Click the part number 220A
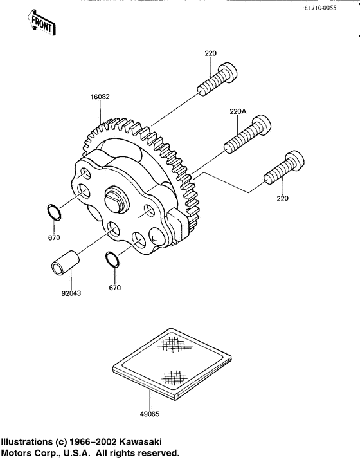238,111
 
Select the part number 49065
150,416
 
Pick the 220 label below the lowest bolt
282,199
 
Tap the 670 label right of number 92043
115,287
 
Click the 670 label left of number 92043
53,238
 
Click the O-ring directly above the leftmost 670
55,212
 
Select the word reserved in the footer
147,454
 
